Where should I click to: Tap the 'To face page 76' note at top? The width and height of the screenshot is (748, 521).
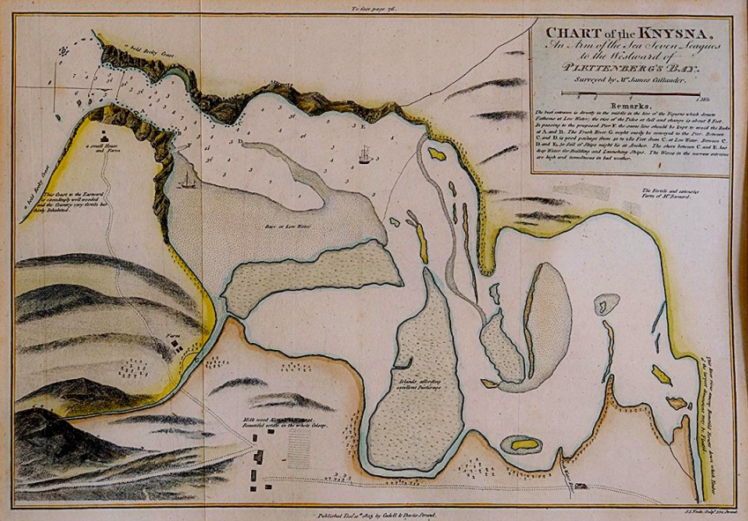tap(375, 9)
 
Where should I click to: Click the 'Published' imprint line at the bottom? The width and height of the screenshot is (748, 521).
tap(374, 512)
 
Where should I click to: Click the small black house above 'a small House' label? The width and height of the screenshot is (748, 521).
tap(107, 138)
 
